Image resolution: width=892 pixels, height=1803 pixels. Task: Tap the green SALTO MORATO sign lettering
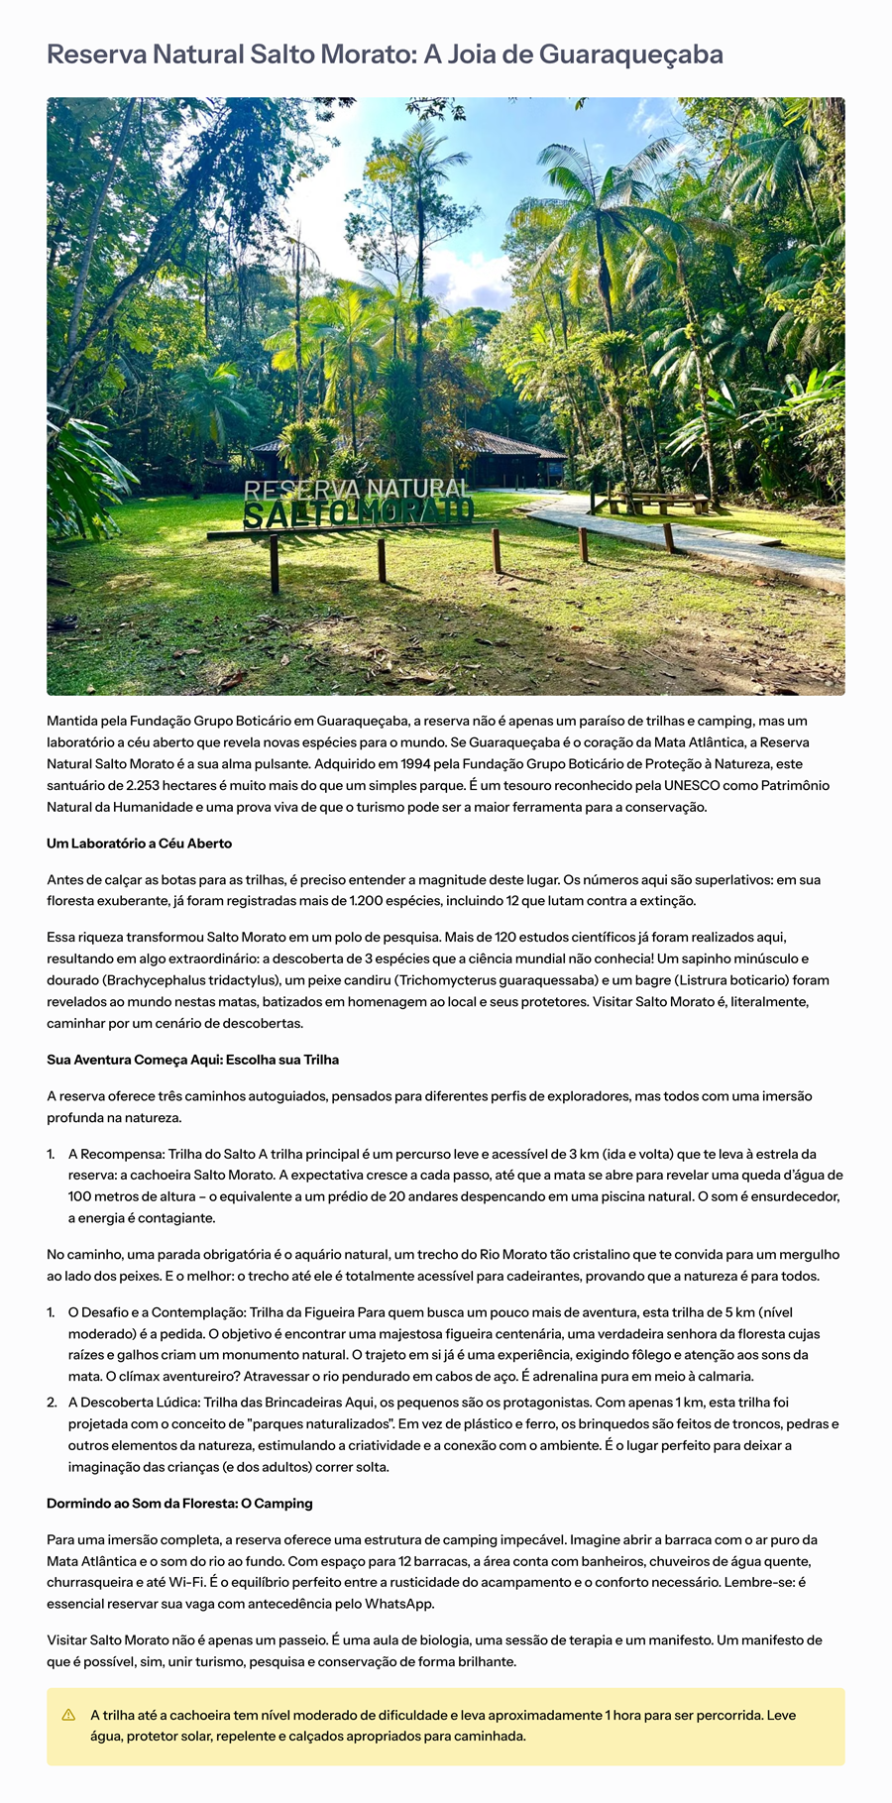click(358, 513)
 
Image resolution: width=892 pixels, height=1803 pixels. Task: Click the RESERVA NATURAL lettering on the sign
click(356, 489)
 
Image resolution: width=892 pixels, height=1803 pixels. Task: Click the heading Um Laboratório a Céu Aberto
click(139, 844)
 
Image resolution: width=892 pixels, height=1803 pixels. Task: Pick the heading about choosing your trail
click(192, 1060)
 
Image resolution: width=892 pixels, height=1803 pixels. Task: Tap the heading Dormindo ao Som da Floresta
click(179, 1503)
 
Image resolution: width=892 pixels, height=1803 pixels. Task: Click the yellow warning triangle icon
click(68, 1715)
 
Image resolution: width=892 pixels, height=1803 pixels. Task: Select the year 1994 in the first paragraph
click(387, 763)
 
